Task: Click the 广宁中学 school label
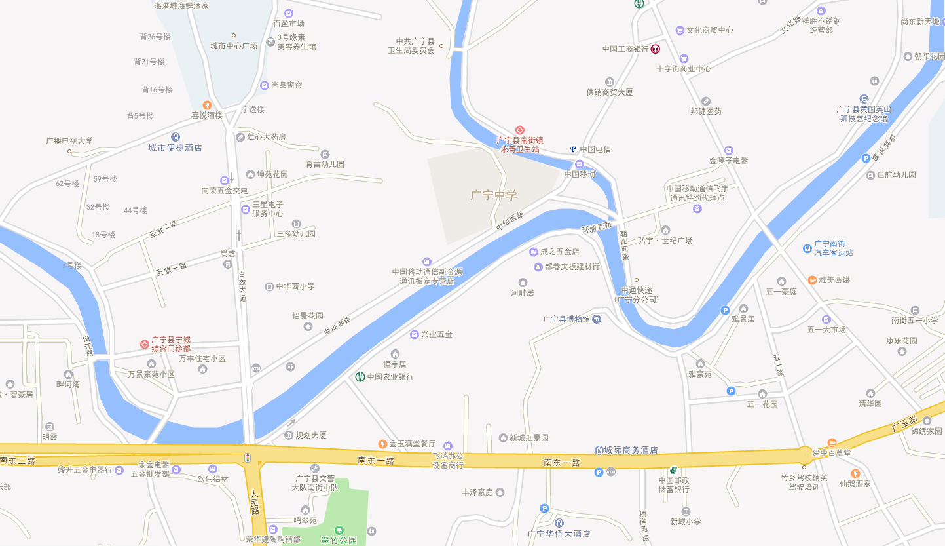(494, 195)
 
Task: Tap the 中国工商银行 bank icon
(655, 49)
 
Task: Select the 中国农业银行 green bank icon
(360, 377)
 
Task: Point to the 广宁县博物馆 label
(566, 319)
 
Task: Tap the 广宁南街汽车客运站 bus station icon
(807, 248)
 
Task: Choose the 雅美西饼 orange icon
(812, 280)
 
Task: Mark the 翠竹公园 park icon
(339, 530)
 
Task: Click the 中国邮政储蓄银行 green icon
(673, 470)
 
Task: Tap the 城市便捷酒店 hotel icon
(176, 137)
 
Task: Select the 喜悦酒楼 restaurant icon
(207, 105)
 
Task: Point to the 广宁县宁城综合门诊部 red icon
(145, 344)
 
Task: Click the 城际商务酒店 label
(631, 450)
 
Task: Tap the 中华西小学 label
(295, 286)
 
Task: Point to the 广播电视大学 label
(69, 141)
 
